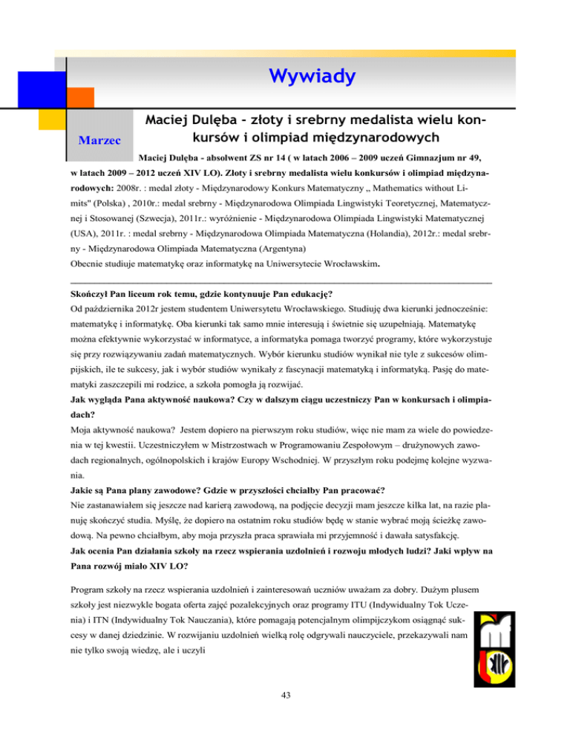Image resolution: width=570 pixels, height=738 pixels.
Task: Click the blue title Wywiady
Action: tap(312, 76)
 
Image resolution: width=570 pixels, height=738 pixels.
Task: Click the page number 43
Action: tap(285, 715)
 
